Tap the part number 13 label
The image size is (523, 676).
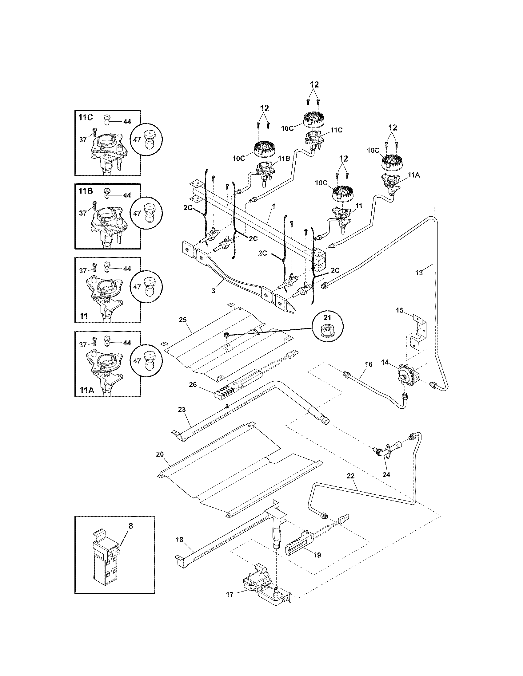tap(419, 273)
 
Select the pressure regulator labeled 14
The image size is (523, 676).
tap(404, 375)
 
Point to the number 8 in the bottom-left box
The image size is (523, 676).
tap(130, 526)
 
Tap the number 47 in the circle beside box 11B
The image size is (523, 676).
tap(137, 213)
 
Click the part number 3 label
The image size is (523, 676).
tap(214, 291)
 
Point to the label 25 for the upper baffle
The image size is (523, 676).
tap(183, 319)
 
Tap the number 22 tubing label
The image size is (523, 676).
tap(350, 476)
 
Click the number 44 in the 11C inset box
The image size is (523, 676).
tap(127, 122)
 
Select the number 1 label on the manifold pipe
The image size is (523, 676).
tap(273, 206)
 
